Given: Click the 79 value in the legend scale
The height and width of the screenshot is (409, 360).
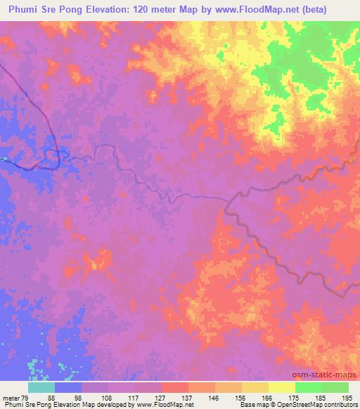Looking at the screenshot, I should (x=27, y=397).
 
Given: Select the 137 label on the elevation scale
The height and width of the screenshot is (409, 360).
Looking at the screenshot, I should (x=188, y=397).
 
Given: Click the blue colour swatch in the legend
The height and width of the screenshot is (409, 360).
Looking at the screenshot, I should (x=68, y=387).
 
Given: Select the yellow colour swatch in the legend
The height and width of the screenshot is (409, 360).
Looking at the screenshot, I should (x=282, y=387).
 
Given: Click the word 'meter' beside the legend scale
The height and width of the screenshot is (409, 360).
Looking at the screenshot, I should (x=11, y=397).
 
